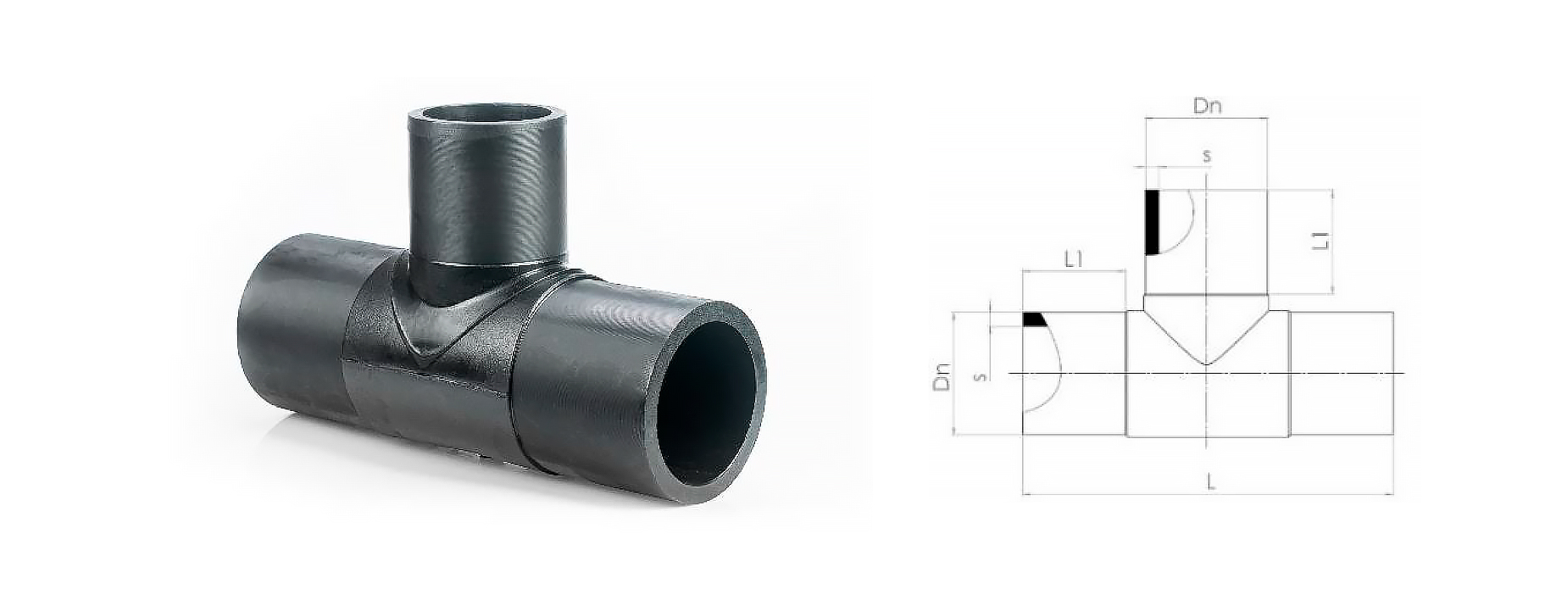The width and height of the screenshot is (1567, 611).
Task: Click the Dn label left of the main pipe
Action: click(941, 376)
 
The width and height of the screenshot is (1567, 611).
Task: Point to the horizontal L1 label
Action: click(1074, 260)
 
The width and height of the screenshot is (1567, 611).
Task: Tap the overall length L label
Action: click(1211, 483)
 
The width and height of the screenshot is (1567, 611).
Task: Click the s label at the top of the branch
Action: click(1207, 157)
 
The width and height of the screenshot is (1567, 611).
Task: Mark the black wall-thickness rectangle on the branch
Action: click(1153, 222)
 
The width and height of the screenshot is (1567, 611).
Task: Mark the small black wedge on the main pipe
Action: click(1032, 319)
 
